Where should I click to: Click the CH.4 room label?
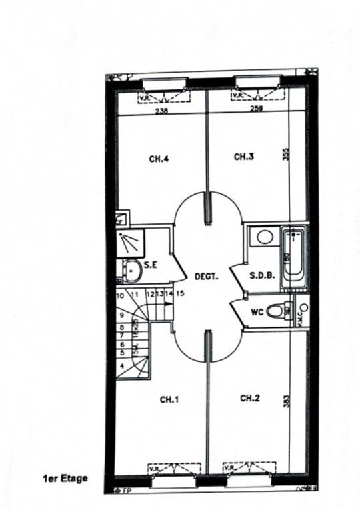(159, 159)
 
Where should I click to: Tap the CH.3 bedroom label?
(245, 157)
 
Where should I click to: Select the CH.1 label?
(170, 399)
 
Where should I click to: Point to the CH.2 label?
(249, 398)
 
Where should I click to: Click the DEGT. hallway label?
(206, 275)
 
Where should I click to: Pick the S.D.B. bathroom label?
(262, 275)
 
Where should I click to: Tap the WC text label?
(257, 311)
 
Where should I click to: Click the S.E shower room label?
(151, 265)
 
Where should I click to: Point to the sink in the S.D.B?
(263, 237)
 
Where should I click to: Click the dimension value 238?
(161, 111)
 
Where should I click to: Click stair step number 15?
(180, 293)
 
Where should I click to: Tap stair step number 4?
(122, 366)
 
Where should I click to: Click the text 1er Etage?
(65, 477)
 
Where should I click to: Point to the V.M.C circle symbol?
(303, 307)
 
